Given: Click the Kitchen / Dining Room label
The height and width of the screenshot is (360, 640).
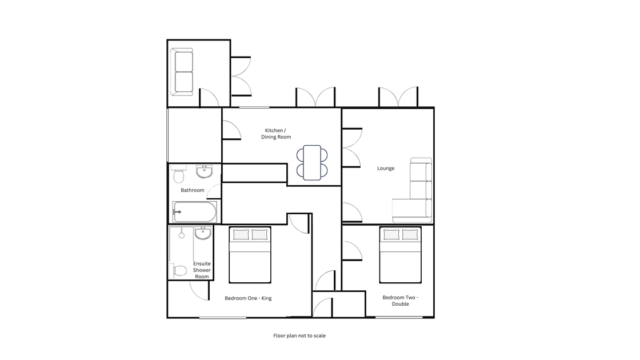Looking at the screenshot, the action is [276, 134].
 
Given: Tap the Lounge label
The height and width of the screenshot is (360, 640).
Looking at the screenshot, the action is [386, 168].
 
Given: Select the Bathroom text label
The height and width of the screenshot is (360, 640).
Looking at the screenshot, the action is [192, 190].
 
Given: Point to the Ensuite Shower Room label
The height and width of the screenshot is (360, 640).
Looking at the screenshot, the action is [202, 270].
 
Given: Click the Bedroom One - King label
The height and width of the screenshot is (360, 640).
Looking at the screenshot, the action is [248, 298].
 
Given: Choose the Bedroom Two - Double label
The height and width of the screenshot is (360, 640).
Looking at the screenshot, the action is [401, 301].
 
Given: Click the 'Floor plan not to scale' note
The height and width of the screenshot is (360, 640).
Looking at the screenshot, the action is [299, 336].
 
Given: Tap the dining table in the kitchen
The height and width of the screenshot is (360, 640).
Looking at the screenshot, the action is [312, 162].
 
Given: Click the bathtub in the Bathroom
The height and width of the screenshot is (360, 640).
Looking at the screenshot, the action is [195, 212].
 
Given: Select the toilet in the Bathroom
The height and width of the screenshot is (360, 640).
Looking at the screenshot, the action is [178, 174].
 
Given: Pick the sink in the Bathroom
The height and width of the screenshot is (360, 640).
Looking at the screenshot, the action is [204, 171].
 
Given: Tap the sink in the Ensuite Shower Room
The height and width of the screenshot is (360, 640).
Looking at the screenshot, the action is [203, 233].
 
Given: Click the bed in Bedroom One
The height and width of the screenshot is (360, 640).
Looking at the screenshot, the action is [250, 255].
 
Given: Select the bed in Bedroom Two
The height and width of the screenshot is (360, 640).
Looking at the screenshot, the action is [401, 255].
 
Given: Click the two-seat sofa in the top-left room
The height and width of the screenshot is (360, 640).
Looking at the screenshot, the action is [183, 72].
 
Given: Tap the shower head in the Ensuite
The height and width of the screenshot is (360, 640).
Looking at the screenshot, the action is [181, 235].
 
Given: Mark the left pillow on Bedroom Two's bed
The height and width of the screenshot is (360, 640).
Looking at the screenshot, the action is [391, 235].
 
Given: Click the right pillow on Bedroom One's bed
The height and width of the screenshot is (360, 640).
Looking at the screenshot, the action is [259, 235].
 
